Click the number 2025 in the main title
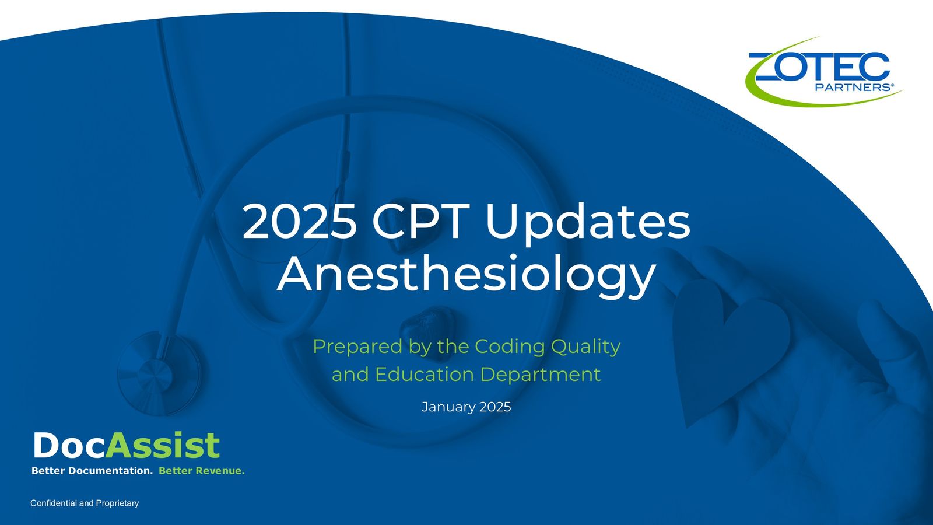300,221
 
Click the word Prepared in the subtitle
358,346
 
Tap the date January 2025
466,407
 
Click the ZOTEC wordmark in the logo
819,66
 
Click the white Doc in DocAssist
69,445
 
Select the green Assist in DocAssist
163,445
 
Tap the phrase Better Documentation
92,471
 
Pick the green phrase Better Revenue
202,471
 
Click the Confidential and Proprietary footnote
85,503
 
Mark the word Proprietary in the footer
117,503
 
